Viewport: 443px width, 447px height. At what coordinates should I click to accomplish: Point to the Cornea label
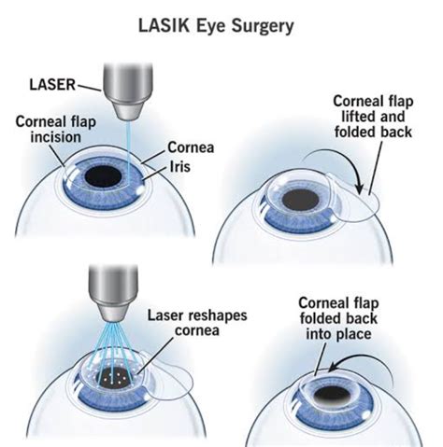[191, 146]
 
